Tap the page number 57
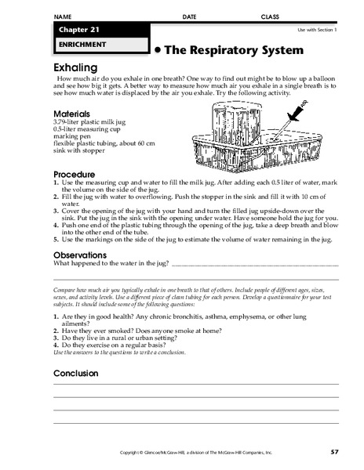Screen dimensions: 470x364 coord(334,454)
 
